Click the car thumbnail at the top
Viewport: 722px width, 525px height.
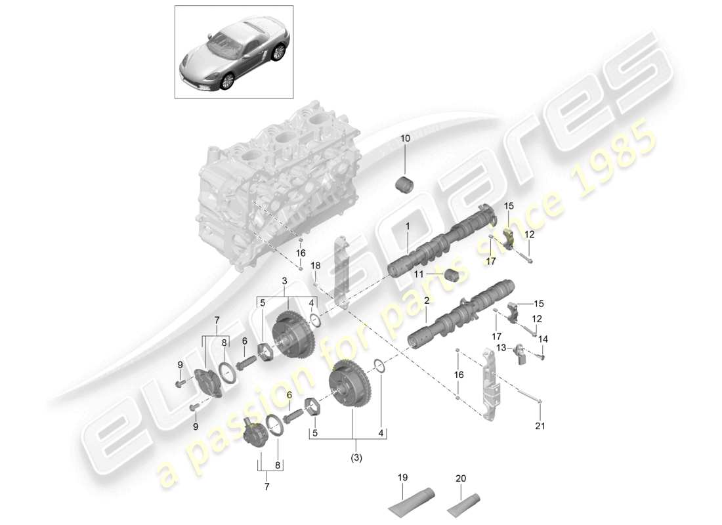234,52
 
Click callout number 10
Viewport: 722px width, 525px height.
404,139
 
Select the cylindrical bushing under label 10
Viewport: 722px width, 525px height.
405,185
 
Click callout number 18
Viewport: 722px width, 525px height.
316,265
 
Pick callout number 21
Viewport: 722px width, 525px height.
539,426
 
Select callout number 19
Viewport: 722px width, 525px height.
402,478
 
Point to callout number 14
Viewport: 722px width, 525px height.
543,339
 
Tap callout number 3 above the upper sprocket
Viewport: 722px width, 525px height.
284,281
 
